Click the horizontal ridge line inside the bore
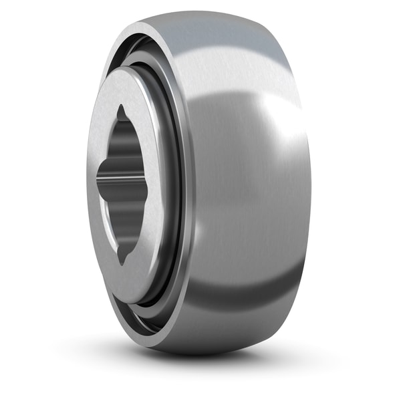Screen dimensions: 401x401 point(124,178)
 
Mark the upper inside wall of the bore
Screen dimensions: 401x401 point(130,144)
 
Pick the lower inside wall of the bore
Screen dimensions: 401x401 point(130,221)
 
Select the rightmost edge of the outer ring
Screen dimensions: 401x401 point(311,194)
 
